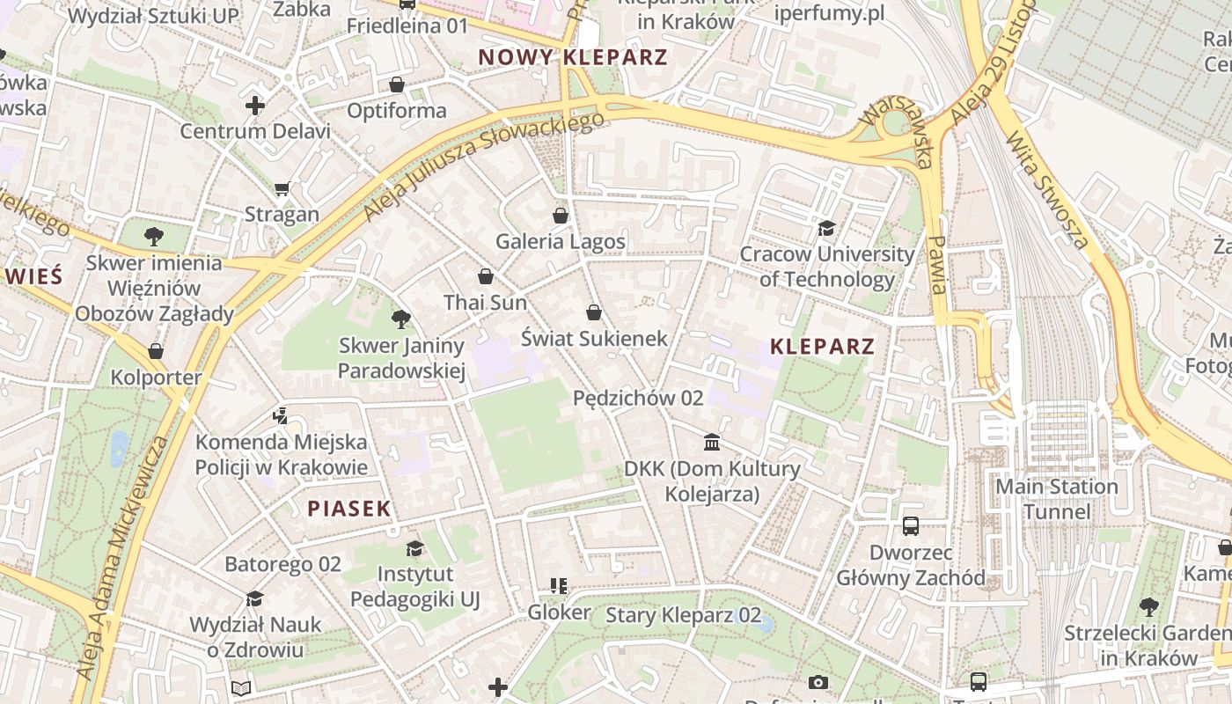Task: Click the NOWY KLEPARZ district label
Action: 573,58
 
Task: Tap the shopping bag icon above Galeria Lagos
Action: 561,216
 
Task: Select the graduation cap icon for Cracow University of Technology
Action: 826,229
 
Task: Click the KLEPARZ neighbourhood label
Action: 822,347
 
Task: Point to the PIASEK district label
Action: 348,509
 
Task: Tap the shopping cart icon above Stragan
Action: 282,188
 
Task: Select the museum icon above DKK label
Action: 712,442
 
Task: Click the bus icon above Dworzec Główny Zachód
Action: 911,526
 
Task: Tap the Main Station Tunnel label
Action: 1056,499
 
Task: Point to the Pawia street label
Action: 938,264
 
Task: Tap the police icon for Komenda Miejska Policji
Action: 281,415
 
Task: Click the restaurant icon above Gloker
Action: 558,586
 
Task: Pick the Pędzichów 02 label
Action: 638,398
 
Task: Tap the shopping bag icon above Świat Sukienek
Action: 594,312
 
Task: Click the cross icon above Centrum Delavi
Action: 255,106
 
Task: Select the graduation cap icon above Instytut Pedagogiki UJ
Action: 414,549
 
